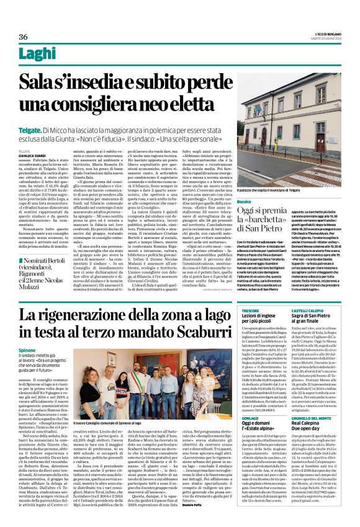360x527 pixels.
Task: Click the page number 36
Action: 24,37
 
